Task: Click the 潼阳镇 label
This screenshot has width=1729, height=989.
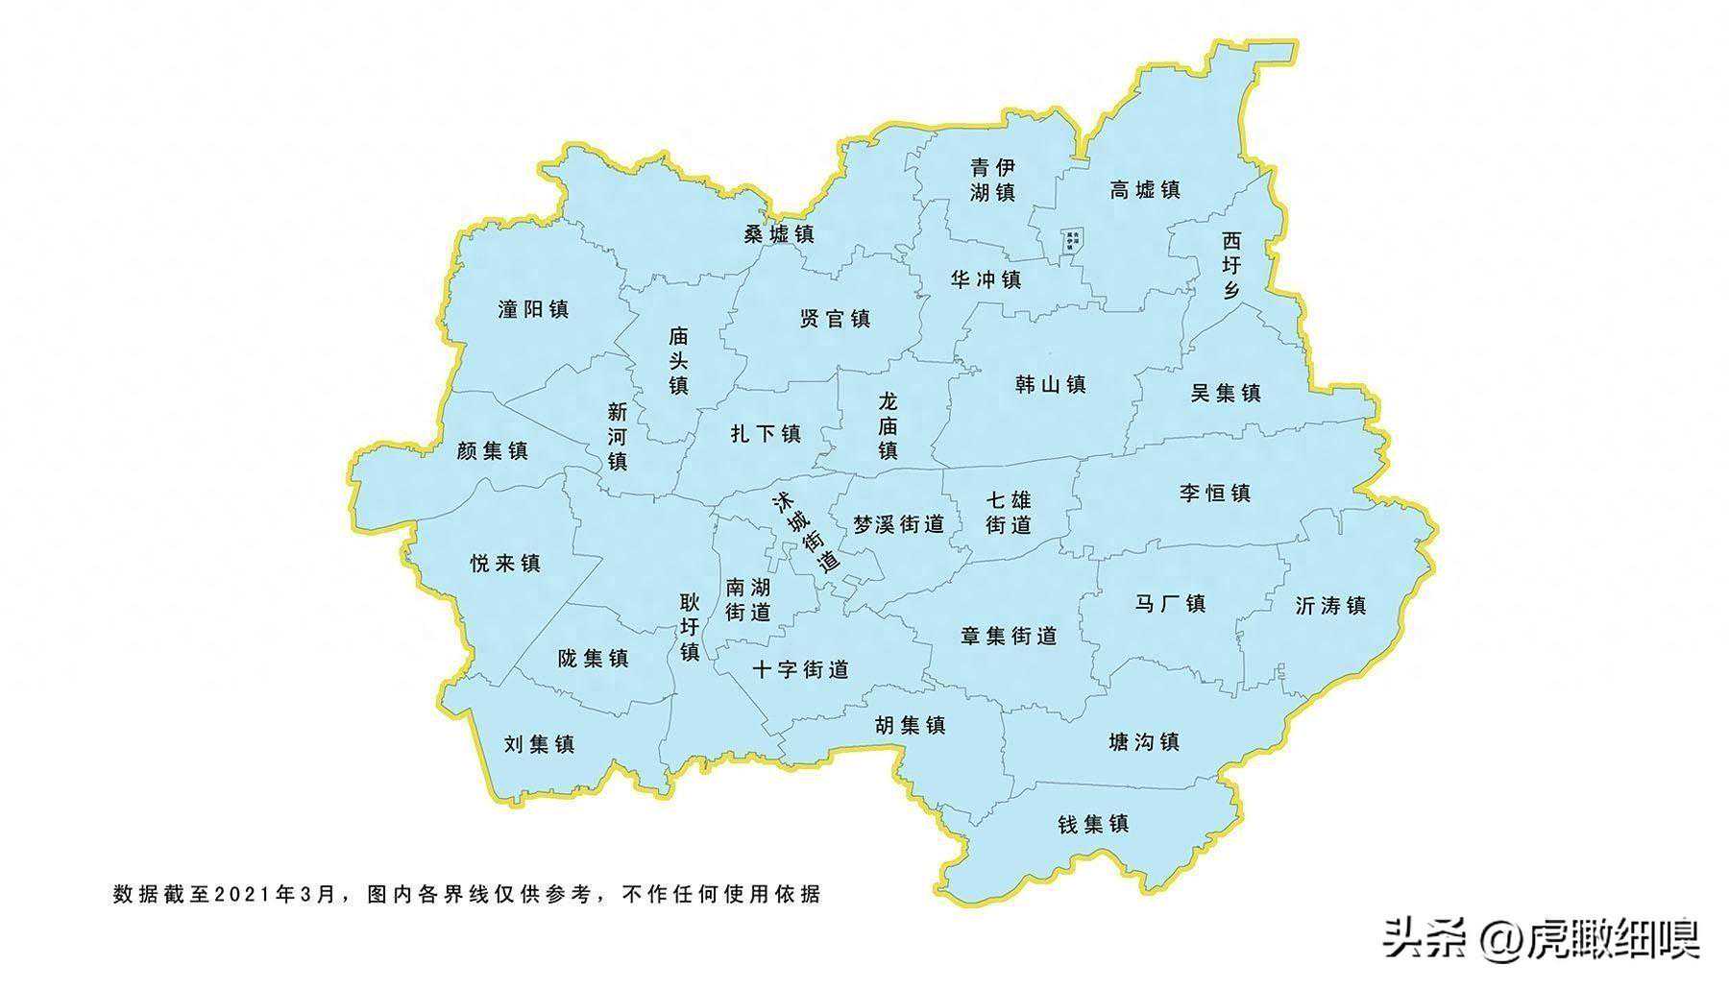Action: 533,309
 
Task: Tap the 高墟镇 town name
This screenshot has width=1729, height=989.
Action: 1145,189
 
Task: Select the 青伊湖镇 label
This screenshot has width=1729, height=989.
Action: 993,180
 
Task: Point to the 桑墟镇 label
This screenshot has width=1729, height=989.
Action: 779,233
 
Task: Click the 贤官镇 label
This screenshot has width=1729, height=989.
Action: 835,319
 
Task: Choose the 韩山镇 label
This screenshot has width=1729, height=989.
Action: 1050,385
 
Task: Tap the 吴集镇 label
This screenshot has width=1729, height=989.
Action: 1226,393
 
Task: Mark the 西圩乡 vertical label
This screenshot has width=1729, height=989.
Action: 1231,265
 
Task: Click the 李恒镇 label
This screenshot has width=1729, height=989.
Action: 1215,493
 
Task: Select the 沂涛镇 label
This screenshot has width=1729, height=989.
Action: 1330,606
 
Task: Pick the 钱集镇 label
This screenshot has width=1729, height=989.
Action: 1093,824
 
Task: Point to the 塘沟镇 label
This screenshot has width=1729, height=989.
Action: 1143,741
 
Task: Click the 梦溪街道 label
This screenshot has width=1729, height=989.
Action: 899,524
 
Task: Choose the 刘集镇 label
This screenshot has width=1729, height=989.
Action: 539,743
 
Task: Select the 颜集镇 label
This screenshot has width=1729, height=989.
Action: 492,450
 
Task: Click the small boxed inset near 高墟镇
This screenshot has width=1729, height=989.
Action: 1070,240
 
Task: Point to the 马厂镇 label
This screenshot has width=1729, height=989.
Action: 1170,603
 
